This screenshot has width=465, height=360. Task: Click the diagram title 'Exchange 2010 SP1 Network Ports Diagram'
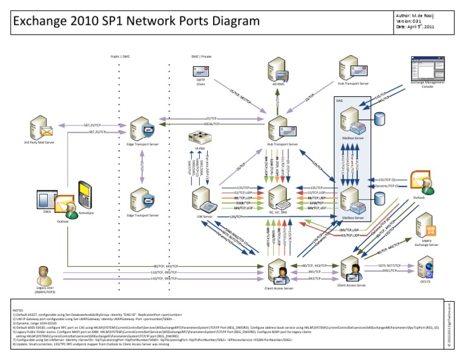134,22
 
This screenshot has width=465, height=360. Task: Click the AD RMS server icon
278,72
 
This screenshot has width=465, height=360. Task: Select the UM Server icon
203,198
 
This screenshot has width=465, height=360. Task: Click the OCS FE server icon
424,267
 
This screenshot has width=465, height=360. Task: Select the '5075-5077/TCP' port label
389,265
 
